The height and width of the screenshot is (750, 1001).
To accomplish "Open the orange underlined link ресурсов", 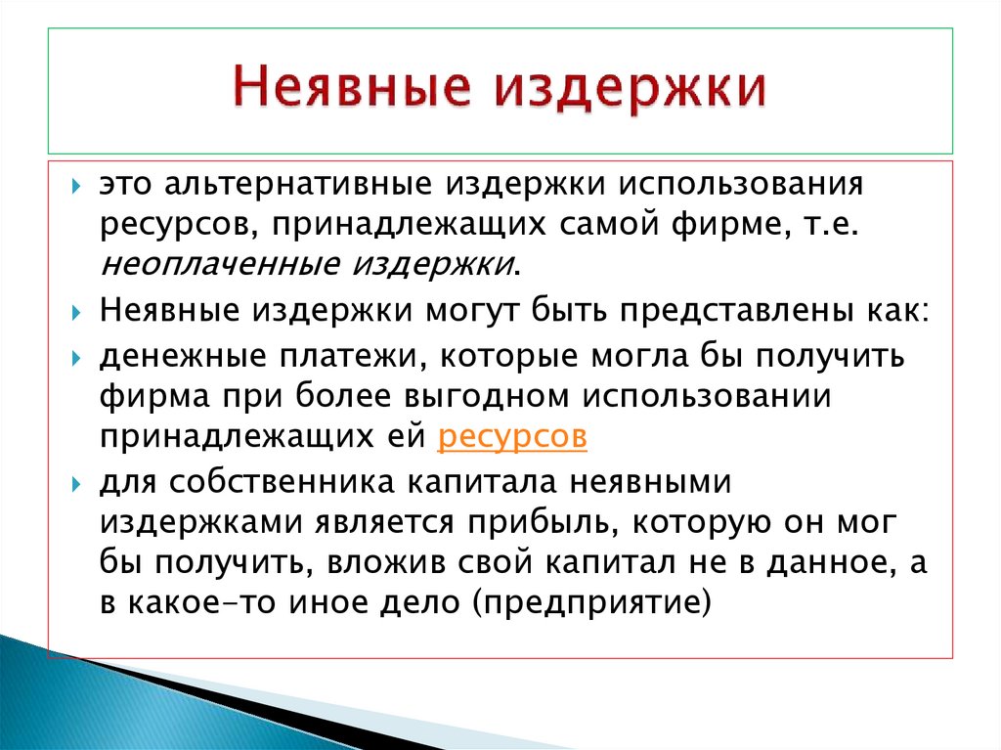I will pos(513,436).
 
